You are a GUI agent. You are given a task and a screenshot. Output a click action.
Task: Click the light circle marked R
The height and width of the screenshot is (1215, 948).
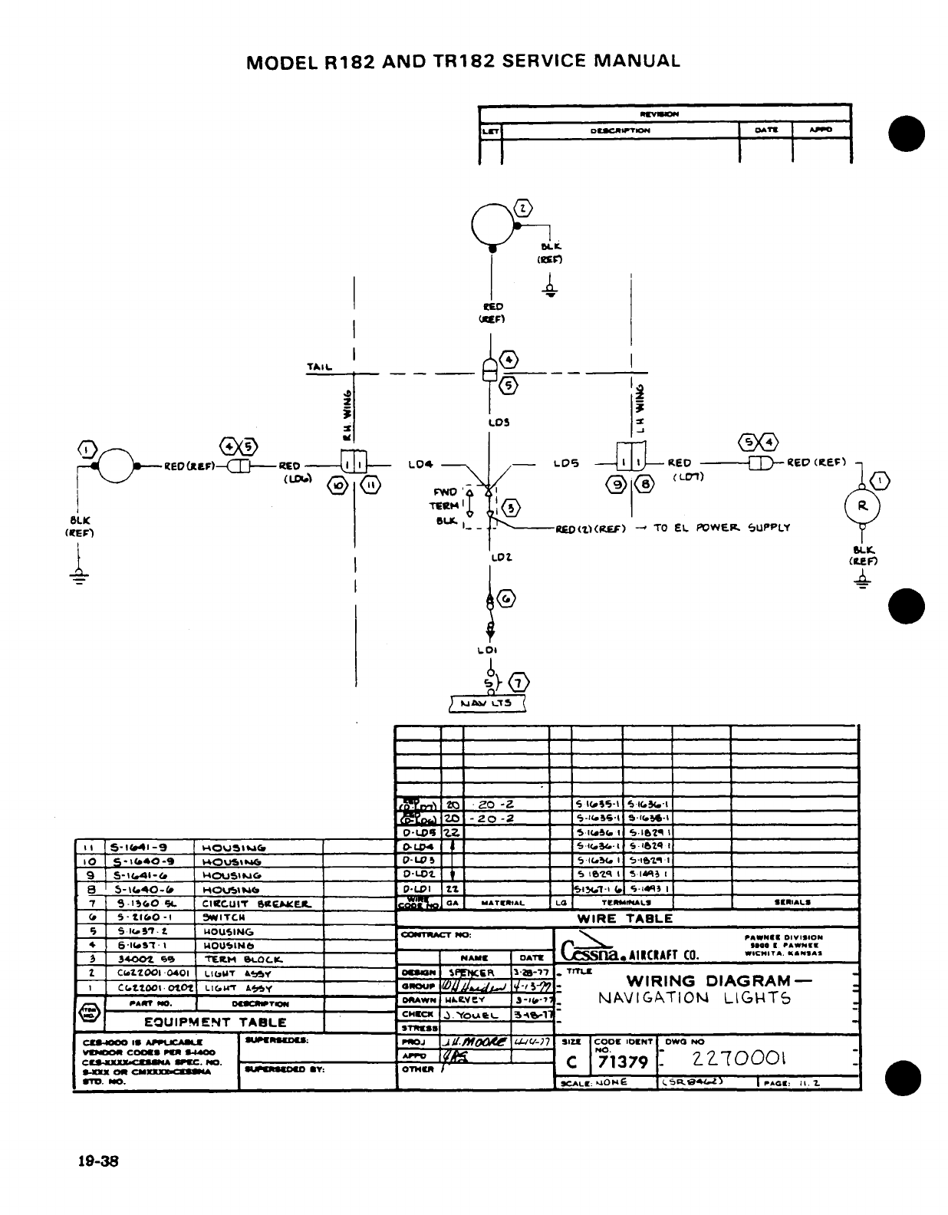pos(863,506)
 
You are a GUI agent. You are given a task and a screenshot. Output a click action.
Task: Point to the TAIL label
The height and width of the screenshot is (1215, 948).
pos(319,367)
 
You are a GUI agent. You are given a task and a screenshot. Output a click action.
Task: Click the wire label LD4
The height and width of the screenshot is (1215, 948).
pos(421,464)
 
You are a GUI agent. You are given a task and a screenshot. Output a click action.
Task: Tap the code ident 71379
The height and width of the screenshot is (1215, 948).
pos(623,1062)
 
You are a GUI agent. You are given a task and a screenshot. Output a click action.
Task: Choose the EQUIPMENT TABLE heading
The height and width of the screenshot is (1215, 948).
pos(216,1022)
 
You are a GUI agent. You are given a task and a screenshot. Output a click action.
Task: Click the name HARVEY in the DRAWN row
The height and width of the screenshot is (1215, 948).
pos(465,1000)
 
